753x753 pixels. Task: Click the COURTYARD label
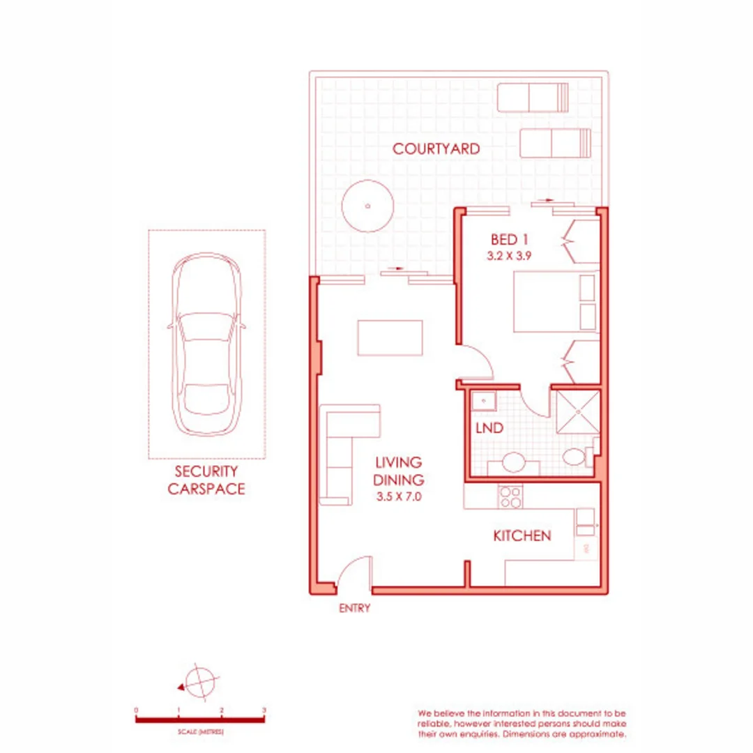[x=435, y=149]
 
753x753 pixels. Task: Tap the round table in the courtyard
[x=367, y=206]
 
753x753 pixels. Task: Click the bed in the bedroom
[x=556, y=301]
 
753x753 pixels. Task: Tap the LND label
[x=489, y=429]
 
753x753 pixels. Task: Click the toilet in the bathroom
[x=576, y=458]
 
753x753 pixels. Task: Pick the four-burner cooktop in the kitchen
[x=509, y=496]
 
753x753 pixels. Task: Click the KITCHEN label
[x=522, y=536]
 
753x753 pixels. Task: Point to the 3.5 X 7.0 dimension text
[x=398, y=497]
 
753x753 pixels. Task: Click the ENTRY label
[x=354, y=609]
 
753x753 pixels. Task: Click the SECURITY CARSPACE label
[x=206, y=480]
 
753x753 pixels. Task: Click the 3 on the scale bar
[x=264, y=710]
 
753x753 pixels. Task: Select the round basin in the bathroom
[x=515, y=463]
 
